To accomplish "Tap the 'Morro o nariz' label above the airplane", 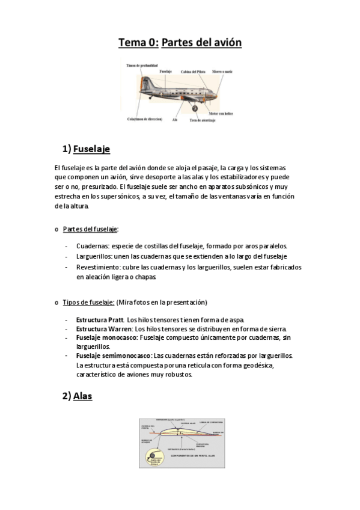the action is coord(224,72).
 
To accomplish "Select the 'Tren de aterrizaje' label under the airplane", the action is coord(202,120).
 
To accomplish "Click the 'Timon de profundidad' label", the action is coord(142,64).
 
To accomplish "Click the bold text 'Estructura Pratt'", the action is coord(99,319).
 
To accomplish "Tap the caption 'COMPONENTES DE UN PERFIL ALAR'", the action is coord(192,456).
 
